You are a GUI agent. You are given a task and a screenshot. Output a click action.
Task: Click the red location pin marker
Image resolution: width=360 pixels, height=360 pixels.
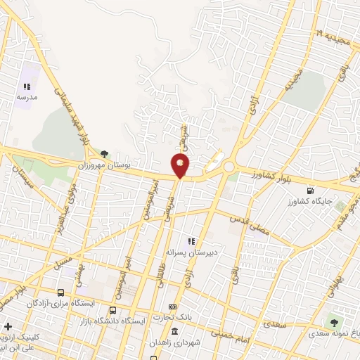click(181, 166)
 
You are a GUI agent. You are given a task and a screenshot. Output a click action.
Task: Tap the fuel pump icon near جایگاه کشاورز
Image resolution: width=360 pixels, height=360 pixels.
click(310, 190)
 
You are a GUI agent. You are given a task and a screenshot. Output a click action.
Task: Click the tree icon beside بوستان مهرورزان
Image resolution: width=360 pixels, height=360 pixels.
click(104, 153)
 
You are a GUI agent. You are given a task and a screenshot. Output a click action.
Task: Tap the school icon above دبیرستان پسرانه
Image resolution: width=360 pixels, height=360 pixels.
click(190, 240)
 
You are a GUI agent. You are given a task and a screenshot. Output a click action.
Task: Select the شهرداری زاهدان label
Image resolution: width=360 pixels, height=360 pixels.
click(173, 343)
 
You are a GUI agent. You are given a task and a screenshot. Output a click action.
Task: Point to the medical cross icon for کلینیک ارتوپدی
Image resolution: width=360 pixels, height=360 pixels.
click(8, 327)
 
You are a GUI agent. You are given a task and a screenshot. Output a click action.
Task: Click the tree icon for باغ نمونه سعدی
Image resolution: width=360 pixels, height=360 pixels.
click(333, 323)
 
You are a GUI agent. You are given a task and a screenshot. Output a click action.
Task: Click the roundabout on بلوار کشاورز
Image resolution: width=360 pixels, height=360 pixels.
click(229, 168)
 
